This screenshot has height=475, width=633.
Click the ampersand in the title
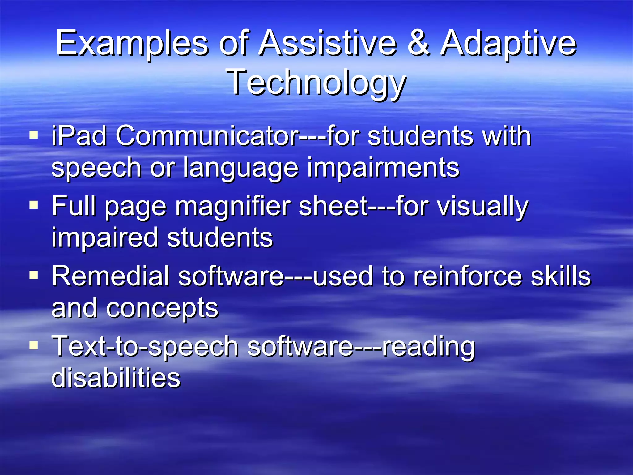click(418, 43)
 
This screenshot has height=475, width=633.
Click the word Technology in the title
click(316, 82)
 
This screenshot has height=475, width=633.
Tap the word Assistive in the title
click(328, 43)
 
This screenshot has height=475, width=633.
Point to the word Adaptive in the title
click(508, 43)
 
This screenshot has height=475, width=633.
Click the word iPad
click(79, 136)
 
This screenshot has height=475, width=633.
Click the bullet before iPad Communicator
click(34, 135)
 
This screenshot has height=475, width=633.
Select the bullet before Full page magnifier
click(34, 205)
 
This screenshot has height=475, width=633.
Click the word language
click(241, 168)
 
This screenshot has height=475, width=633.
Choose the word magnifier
click(233, 207)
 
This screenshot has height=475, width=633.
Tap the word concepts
click(162, 308)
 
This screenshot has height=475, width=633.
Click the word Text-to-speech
click(145, 347)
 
